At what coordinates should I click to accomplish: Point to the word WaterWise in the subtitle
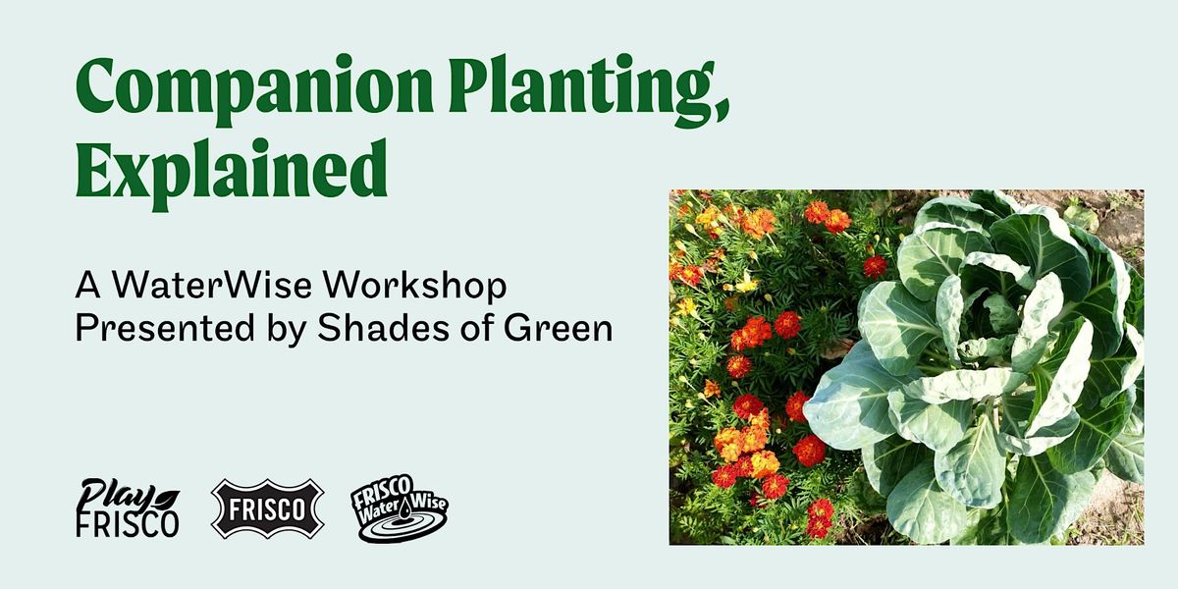point(212,285)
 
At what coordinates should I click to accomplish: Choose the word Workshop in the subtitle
point(414,287)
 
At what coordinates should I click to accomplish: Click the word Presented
point(165,328)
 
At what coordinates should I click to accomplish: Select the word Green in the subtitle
point(558,328)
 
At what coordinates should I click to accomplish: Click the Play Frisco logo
point(128,508)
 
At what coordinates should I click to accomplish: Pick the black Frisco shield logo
point(267,509)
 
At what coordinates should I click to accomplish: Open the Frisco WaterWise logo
point(401,509)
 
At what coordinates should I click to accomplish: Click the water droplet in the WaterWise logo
point(402,509)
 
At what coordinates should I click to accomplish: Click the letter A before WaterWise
point(87,286)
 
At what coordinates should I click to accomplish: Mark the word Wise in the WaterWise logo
point(429,504)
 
